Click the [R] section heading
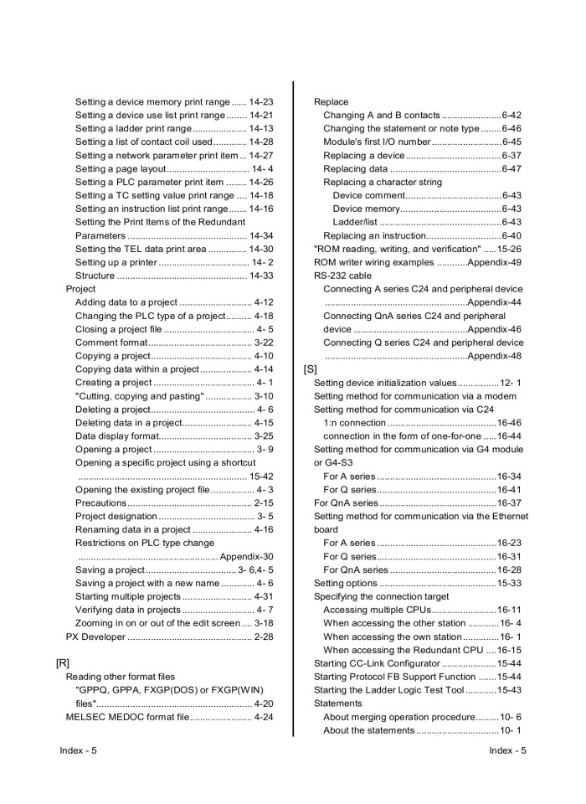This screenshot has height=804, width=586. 62,662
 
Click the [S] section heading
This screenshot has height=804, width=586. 311,368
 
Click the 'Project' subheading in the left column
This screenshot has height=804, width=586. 80,289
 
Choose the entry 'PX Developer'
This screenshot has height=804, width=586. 95,637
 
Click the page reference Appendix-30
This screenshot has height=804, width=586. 246,557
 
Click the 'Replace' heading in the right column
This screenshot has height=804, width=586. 331,101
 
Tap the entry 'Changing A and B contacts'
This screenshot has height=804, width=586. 381,115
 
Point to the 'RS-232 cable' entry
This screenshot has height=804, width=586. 342,276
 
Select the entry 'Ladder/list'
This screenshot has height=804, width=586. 355,222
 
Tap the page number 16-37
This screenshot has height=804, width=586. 509,503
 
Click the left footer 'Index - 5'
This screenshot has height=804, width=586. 79,750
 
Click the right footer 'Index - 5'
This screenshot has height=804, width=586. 507,750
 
